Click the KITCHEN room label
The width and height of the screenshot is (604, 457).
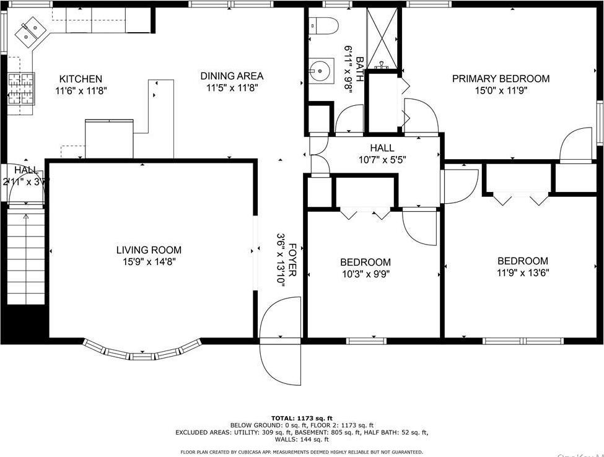[x=81, y=79]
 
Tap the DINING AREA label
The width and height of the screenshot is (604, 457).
[x=232, y=76]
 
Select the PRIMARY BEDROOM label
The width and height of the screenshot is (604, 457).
[x=501, y=79]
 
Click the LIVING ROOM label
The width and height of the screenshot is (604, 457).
[x=149, y=250]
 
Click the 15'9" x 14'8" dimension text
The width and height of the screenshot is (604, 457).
[x=149, y=262]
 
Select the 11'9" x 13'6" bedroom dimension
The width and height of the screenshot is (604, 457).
[x=522, y=272]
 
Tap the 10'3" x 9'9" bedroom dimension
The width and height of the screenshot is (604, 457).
[x=365, y=274]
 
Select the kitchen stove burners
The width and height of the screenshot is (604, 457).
[x=21, y=89]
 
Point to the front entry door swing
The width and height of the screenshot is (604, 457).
[x=280, y=341]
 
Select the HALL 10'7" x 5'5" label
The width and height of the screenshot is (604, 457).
[x=382, y=154]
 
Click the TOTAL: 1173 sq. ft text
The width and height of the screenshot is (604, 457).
[x=302, y=418]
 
